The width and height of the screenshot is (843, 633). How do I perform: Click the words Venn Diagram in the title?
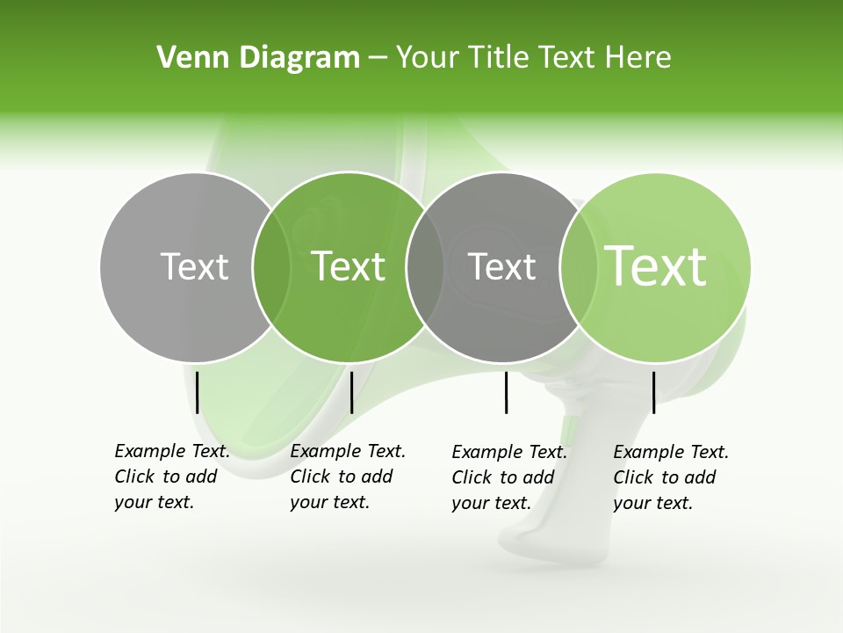(x=258, y=58)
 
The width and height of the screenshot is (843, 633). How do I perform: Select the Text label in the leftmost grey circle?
(x=194, y=266)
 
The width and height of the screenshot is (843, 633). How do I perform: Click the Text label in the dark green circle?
(x=349, y=266)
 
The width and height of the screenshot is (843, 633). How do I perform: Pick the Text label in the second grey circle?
(x=501, y=266)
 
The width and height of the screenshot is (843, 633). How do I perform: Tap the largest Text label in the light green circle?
(x=656, y=266)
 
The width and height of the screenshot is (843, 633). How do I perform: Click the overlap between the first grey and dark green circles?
(x=271, y=267)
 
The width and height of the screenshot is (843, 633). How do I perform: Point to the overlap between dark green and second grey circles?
(x=425, y=267)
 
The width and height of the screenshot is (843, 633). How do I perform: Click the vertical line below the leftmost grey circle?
(x=198, y=392)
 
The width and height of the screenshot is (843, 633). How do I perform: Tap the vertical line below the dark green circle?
(x=351, y=392)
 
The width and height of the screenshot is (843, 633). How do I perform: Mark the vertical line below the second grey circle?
(x=507, y=392)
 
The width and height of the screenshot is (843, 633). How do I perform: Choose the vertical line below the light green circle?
(x=653, y=392)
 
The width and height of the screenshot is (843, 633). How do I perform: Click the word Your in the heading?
(x=428, y=58)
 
